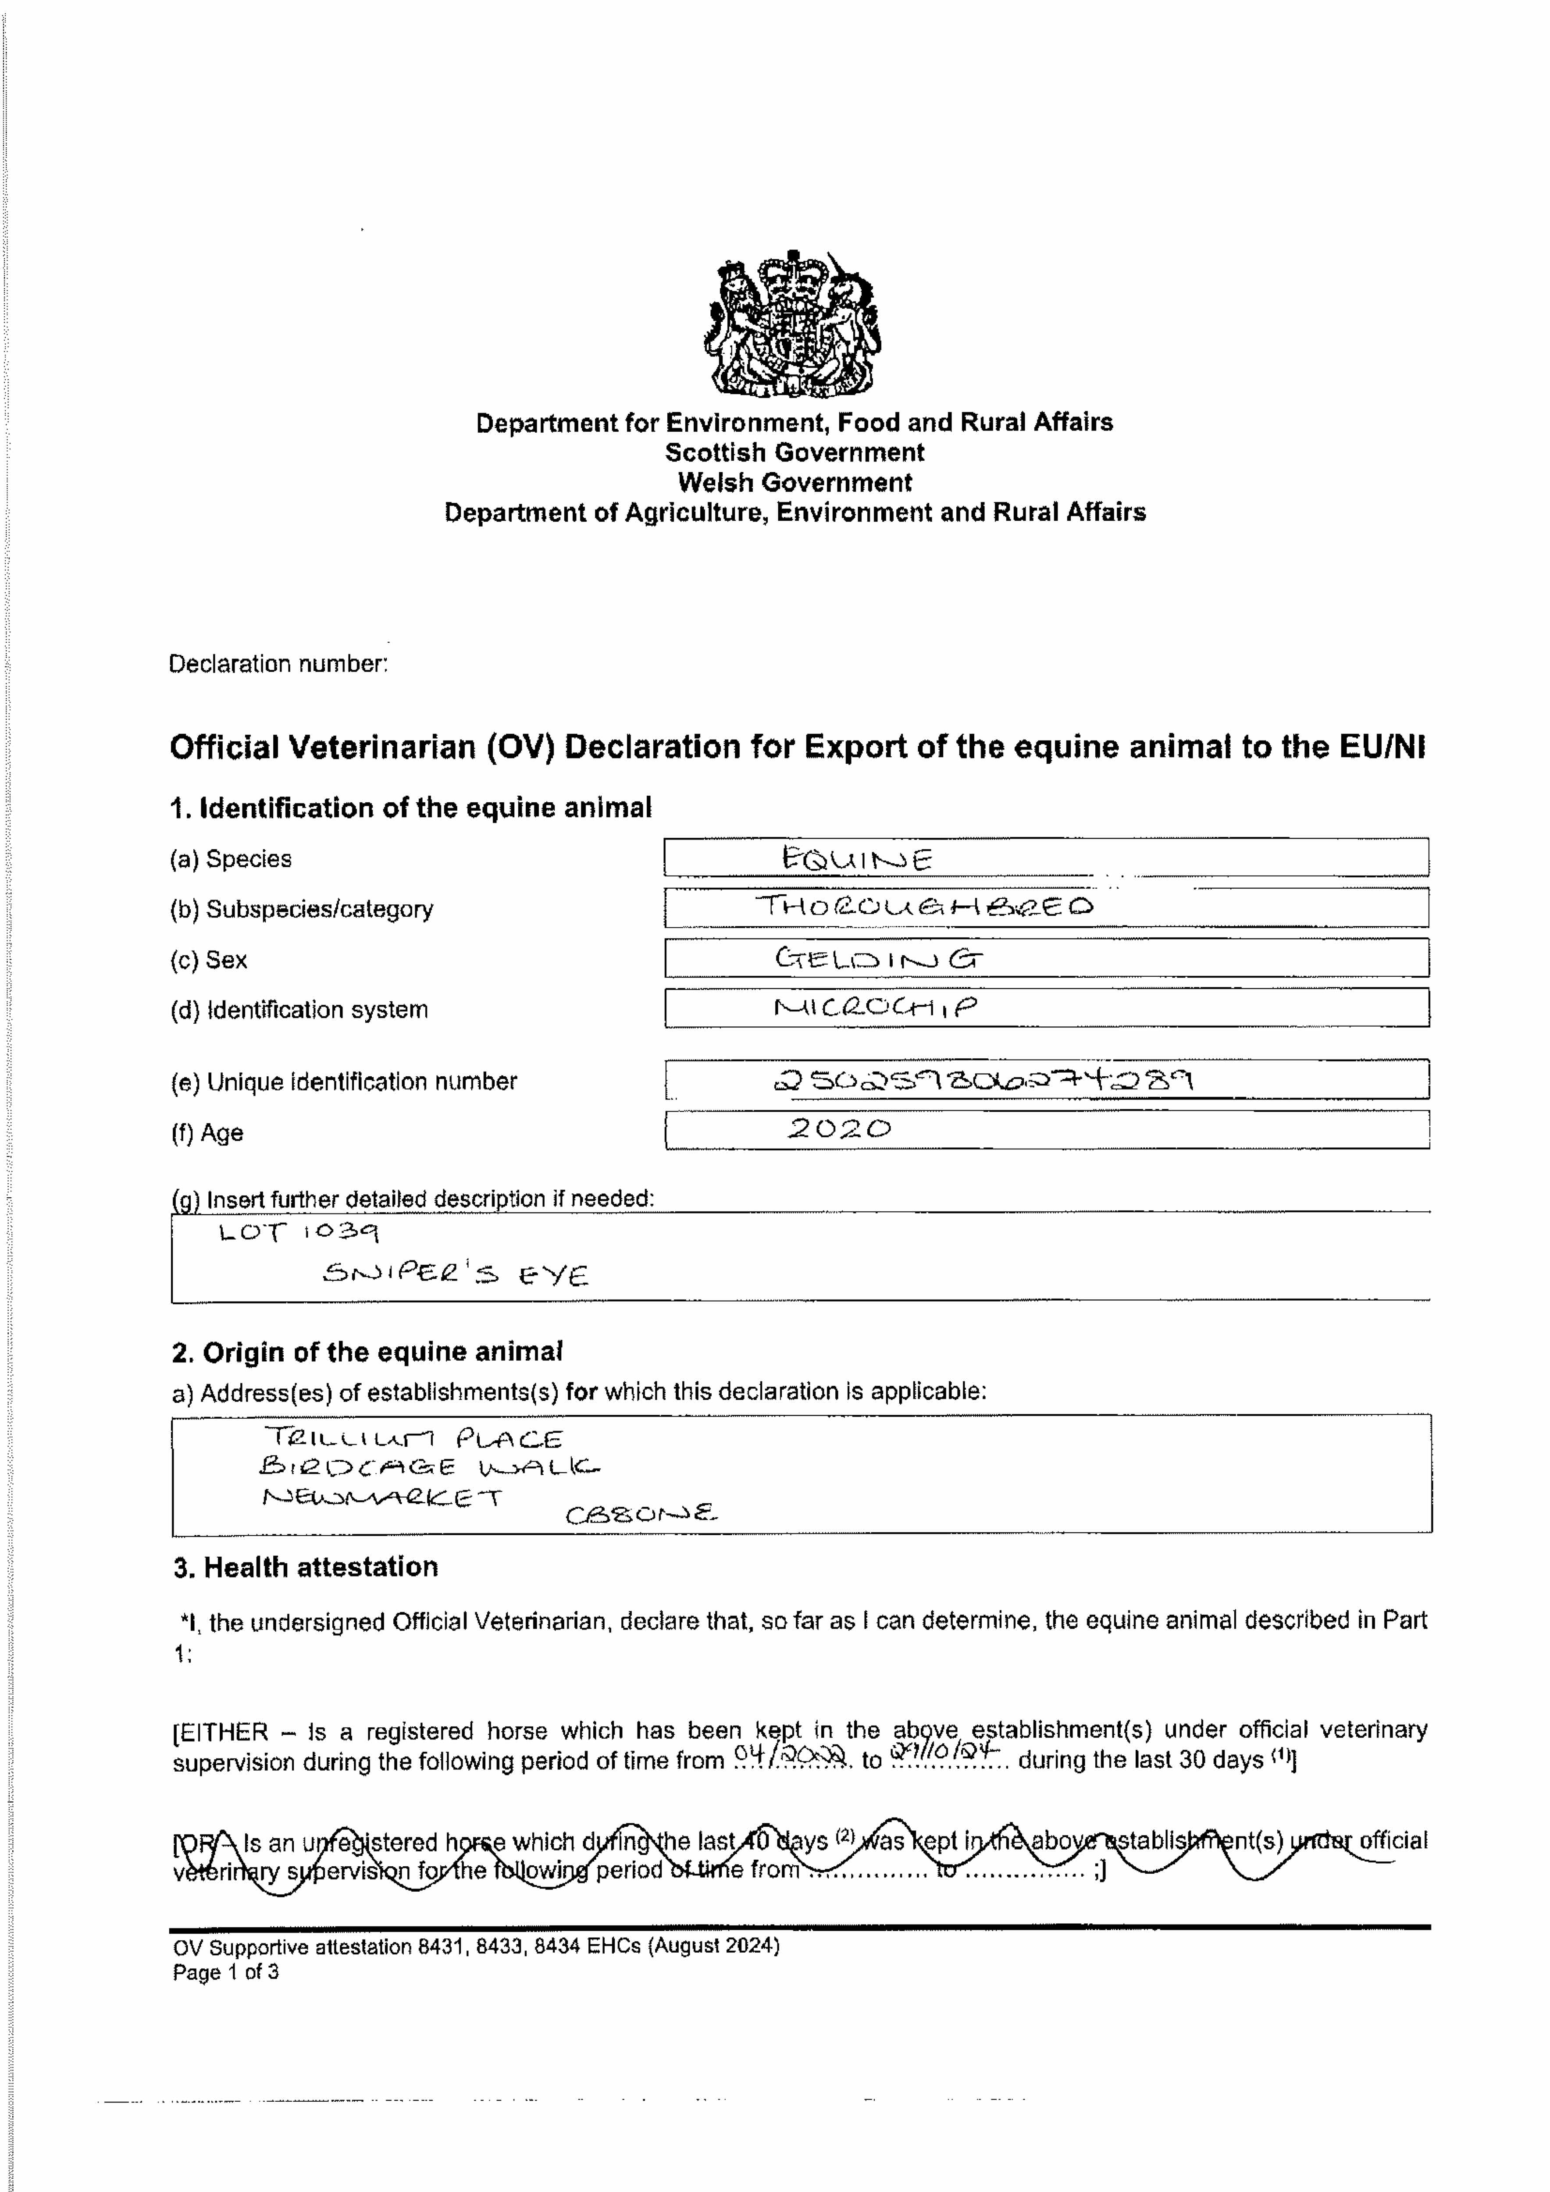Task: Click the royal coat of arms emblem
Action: (793, 324)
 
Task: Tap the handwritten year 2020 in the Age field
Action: (840, 1129)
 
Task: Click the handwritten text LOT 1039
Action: (299, 1232)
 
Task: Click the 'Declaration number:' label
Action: (278, 664)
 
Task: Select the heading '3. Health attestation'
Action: (306, 1567)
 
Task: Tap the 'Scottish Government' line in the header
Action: (795, 452)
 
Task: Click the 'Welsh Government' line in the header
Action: (795, 482)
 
